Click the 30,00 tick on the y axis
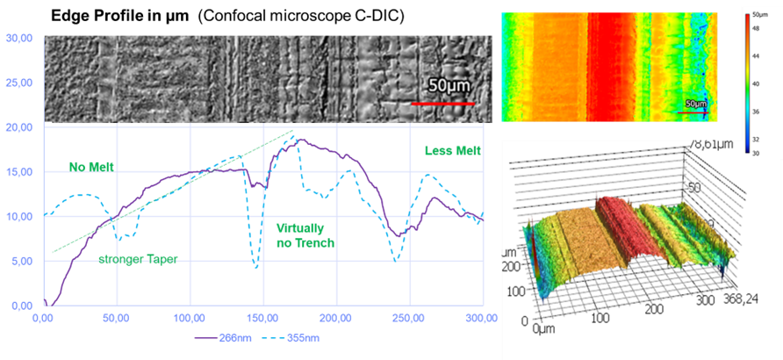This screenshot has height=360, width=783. click(x=18, y=38)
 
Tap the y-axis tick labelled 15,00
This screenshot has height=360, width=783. click(x=18, y=172)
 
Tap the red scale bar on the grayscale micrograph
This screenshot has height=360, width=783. click(x=443, y=104)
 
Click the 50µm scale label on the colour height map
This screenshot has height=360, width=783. click(x=695, y=104)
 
